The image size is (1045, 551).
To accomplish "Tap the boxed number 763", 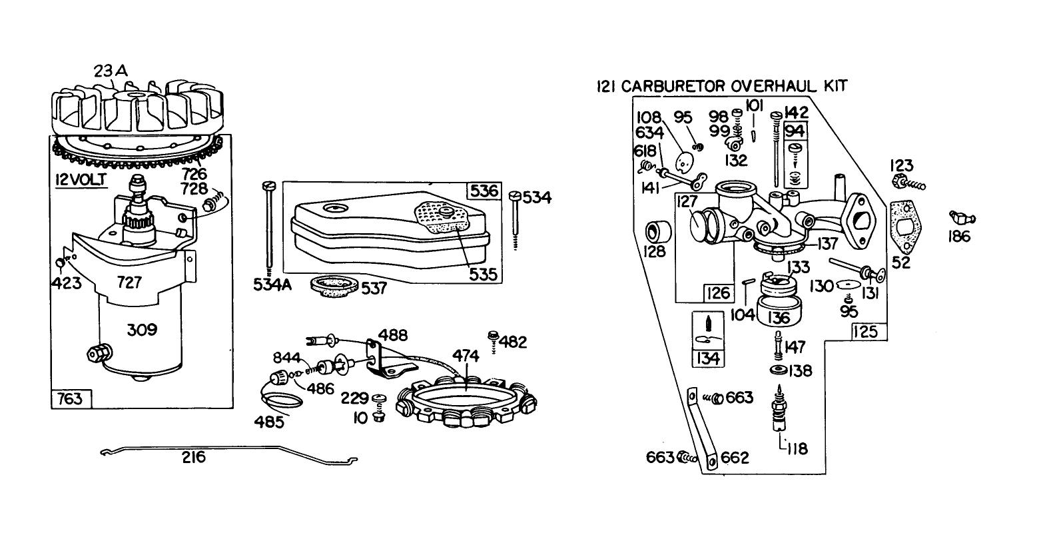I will click(x=70, y=398).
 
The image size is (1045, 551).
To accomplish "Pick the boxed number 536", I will click(x=484, y=191).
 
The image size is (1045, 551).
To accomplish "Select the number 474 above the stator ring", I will click(x=466, y=356).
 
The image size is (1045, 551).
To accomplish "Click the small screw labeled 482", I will click(x=494, y=335).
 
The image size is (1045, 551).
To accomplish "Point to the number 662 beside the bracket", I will click(x=735, y=458).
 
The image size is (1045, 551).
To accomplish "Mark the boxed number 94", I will click(x=795, y=131).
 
